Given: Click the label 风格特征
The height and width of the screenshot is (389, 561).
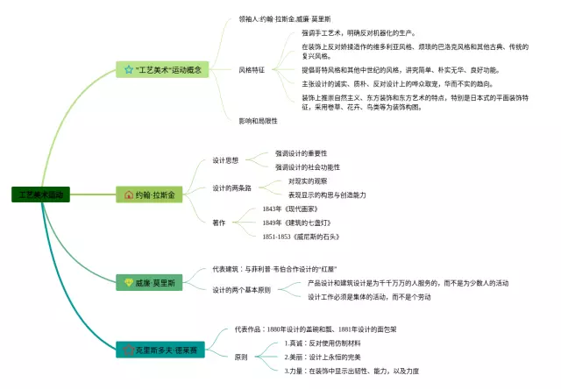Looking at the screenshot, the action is point(252,68).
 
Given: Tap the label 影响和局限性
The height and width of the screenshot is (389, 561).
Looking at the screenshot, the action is point(258,120).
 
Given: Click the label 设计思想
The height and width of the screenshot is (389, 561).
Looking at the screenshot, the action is point(225,160).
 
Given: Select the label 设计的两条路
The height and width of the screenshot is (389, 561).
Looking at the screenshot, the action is point(231,187).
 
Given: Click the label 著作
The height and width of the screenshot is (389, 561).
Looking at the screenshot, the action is point(219,223).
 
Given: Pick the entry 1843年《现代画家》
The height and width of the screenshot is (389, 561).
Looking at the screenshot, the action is point(295,209).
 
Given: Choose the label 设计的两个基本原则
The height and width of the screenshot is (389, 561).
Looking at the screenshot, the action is point(241,289).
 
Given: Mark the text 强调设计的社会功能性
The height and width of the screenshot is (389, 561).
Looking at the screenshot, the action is point(308,166).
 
